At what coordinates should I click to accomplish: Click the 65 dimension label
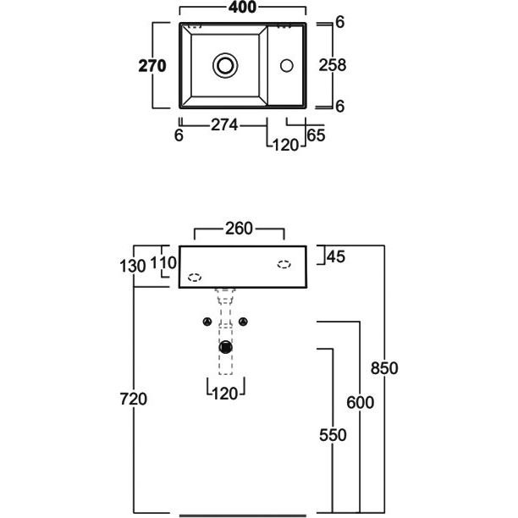pyautogui.click(x=316, y=135)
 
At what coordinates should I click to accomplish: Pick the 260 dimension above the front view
pyautogui.click(x=240, y=228)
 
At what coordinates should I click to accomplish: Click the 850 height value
pyautogui.click(x=385, y=368)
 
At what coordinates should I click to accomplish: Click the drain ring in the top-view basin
pyautogui.click(x=226, y=64)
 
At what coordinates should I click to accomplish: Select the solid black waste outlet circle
pyautogui.click(x=225, y=347)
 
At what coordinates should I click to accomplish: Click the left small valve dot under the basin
pyautogui.click(x=207, y=322)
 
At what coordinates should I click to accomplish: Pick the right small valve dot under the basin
pyautogui.click(x=244, y=322)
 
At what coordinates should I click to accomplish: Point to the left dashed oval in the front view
pyautogui.click(x=196, y=277)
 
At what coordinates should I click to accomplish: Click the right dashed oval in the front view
pyautogui.click(x=284, y=263)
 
